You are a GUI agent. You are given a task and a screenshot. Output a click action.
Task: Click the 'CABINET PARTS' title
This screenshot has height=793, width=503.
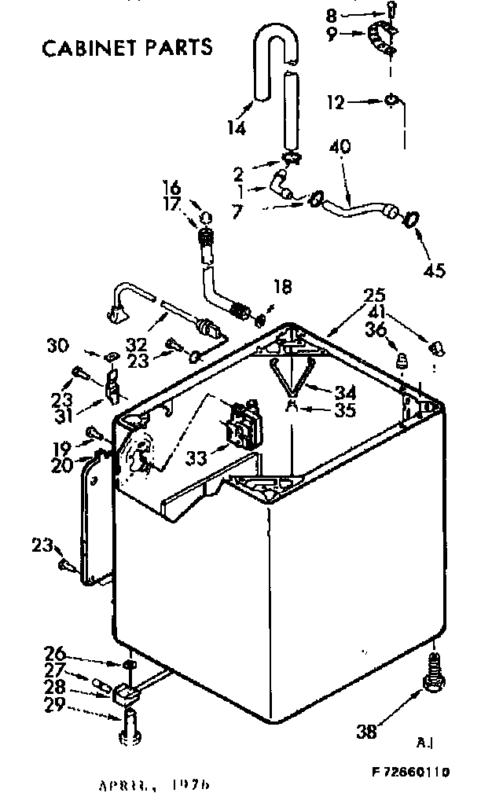[x=127, y=48]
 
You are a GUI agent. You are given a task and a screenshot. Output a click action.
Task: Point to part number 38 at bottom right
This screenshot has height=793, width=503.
[x=365, y=731]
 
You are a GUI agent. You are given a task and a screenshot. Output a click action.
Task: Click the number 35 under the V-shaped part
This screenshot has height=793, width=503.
[x=344, y=409]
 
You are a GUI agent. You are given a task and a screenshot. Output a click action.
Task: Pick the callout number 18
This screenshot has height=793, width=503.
[x=281, y=288]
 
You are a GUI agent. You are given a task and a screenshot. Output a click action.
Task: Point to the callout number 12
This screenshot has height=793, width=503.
[x=336, y=101]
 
